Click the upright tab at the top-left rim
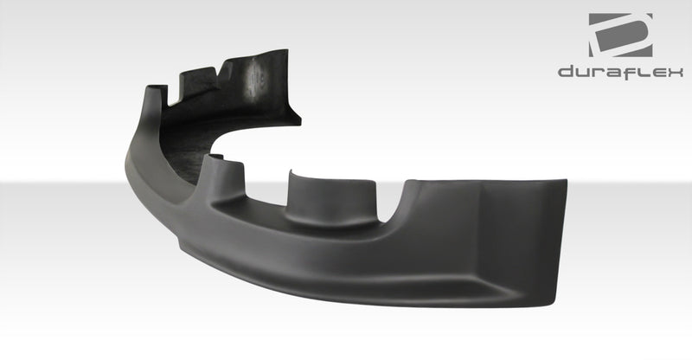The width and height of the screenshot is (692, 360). [x=156, y=95]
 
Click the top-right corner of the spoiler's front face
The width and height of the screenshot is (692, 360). [x=565, y=183]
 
